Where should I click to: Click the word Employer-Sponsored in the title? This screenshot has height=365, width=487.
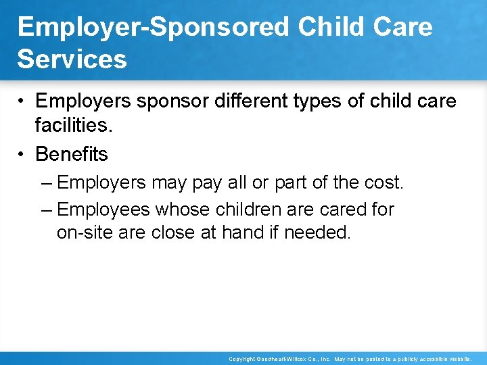point(154,27)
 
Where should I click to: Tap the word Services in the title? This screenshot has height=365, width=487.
point(72,59)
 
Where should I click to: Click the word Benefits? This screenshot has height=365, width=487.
point(71,154)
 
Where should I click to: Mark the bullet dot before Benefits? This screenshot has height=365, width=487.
point(22,155)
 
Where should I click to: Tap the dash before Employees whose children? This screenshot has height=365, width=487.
point(47,210)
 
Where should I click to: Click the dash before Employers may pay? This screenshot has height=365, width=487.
point(47,182)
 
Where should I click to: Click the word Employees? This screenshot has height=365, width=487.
point(103,210)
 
